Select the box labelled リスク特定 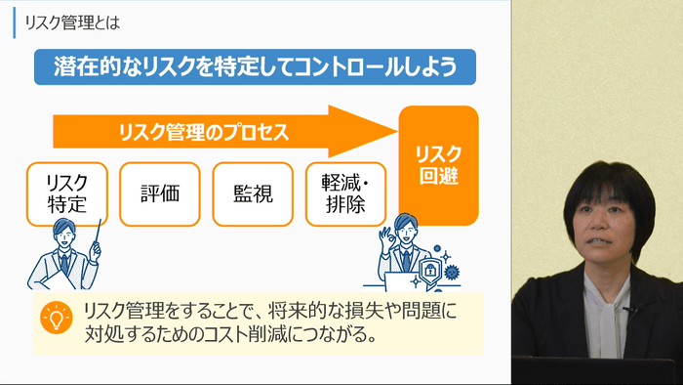point(67,193)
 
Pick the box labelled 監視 point(252,193)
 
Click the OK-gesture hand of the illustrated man point(387,237)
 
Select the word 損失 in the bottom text point(350,313)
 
